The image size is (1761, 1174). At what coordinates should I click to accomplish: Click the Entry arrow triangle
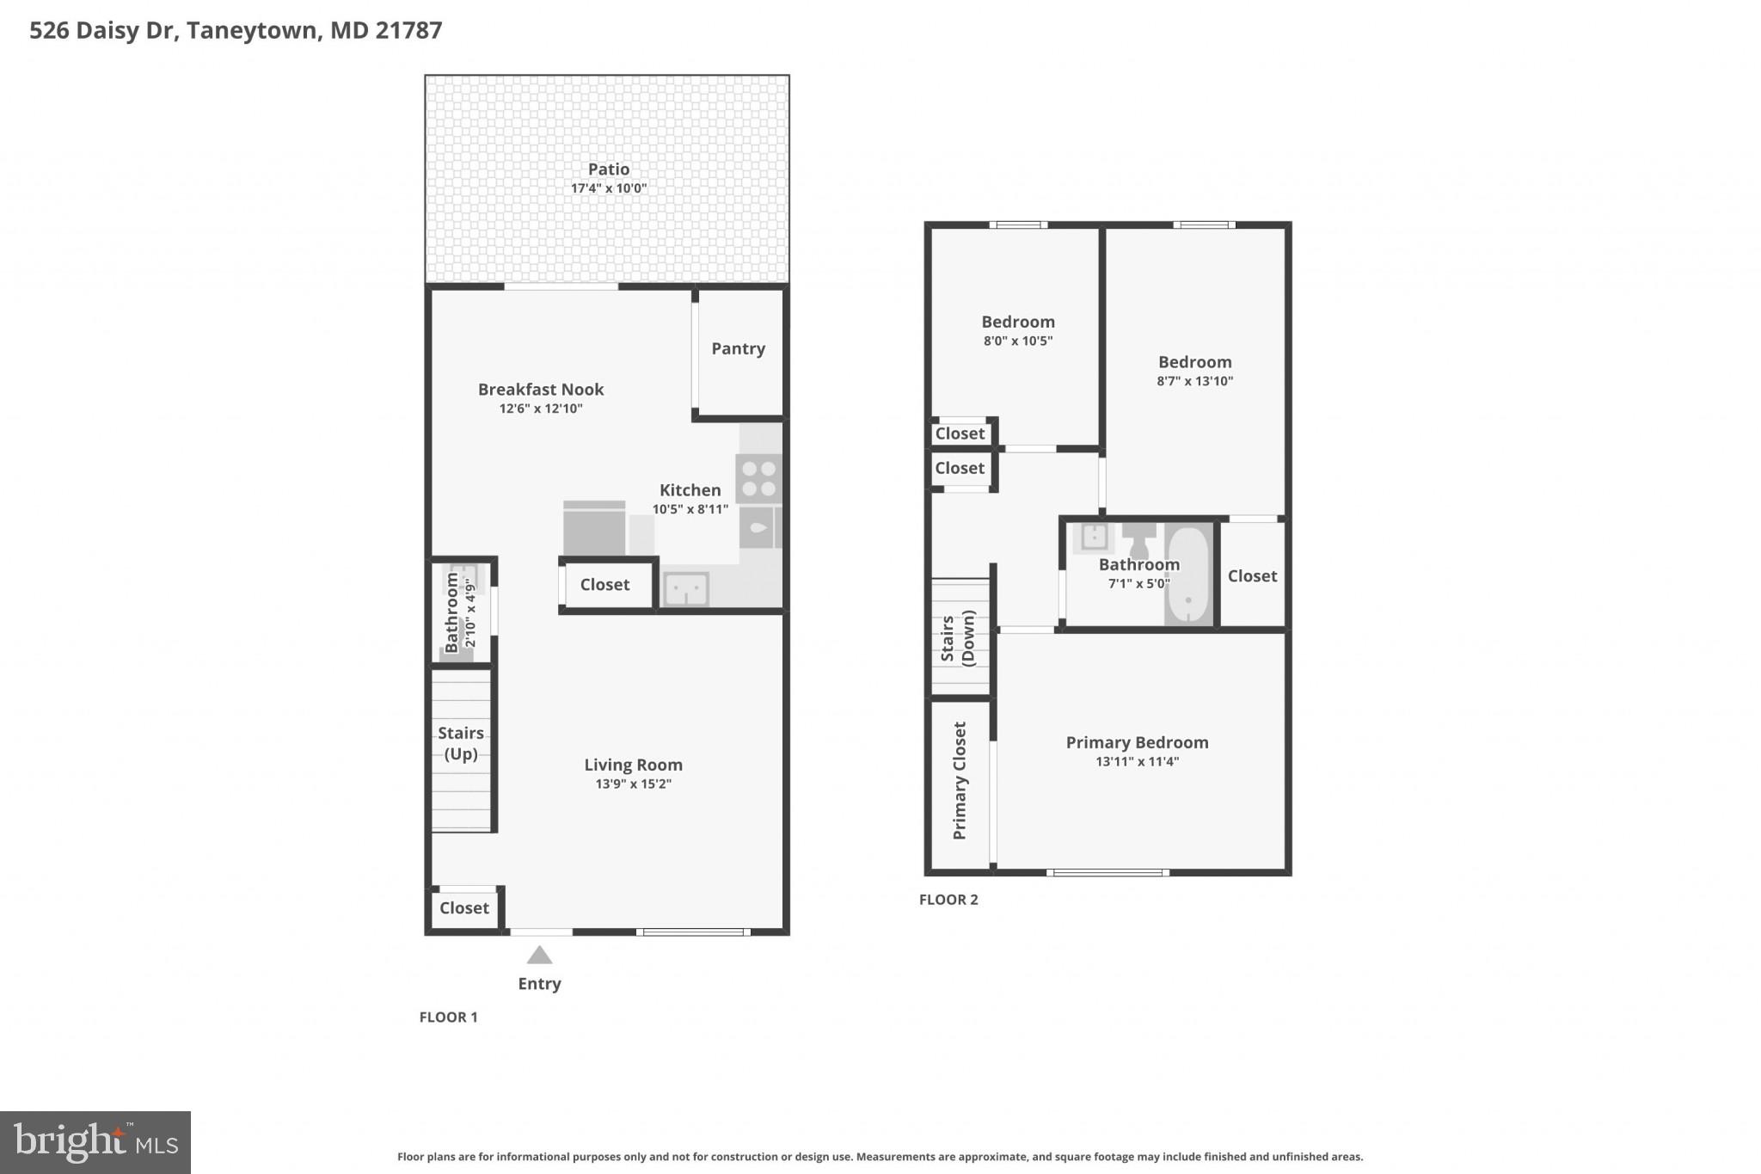(x=539, y=956)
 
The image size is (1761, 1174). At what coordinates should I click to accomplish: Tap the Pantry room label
(x=738, y=348)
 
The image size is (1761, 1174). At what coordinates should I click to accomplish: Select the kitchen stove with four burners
(x=758, y=479)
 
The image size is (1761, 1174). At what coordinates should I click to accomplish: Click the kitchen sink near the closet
(x=686, y=590)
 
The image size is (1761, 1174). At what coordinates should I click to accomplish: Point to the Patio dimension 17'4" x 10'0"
(x=609, y=188)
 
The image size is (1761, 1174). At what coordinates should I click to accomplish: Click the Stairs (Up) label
(x=461, y=743)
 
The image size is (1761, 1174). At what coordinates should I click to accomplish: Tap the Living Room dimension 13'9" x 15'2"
(x=633, y=784)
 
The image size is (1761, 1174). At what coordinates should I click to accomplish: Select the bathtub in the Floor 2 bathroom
(x=1188, y=575)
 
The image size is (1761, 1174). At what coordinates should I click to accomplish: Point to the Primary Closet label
(x=960, y=780)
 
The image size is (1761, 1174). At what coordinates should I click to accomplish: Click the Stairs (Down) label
(x=957, y=637)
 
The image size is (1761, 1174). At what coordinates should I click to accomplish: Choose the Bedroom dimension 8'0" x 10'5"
(x=1018, y=341)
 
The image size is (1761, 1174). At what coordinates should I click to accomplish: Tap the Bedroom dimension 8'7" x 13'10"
(x=1194, y=381)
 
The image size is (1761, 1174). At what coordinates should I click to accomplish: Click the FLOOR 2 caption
(x=948, y=900)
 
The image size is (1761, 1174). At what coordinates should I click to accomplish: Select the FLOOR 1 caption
(x=448, y=1017)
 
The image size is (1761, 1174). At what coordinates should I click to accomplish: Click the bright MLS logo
(x=95, y=1142)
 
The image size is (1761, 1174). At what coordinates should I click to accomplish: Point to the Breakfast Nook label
(x=541, y=390)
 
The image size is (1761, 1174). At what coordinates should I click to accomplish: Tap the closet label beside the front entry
(x=463, y=908)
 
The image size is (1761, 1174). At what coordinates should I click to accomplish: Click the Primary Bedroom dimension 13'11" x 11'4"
(x=1137, y=761)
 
